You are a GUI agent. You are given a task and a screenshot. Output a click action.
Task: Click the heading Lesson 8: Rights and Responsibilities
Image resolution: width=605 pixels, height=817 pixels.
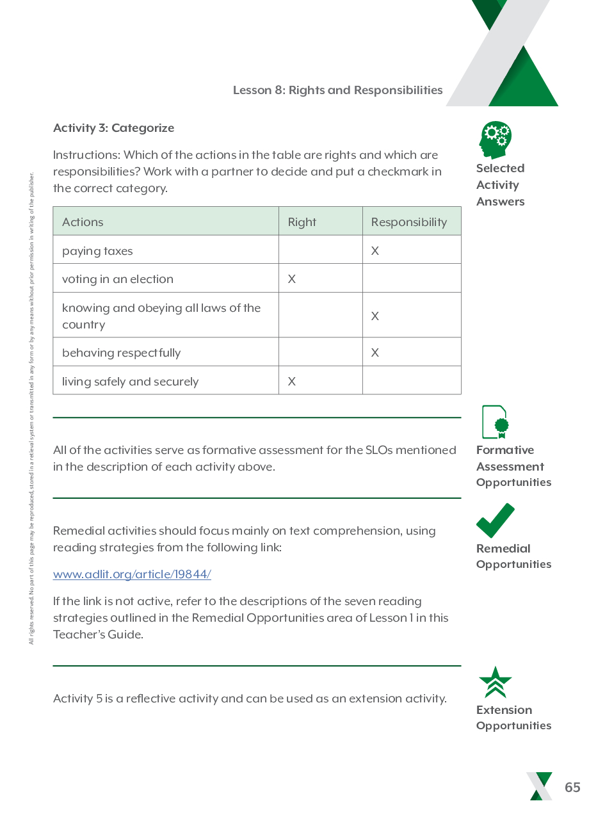pos(337,90)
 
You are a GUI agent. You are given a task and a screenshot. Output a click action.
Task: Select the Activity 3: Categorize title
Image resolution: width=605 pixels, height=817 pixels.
pos(113,128)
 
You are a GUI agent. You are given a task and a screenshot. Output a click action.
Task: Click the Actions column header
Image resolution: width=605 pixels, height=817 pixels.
pos(83,222)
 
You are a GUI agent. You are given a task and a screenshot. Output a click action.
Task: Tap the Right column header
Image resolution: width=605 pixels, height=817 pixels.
pos(302,222)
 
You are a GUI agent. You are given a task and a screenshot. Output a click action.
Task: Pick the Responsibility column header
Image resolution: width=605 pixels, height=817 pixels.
pos(408,222)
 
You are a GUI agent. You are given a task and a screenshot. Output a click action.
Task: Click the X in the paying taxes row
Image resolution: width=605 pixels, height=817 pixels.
pos(375,251)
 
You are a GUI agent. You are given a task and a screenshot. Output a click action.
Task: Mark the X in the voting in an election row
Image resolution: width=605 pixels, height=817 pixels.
pos(292,279)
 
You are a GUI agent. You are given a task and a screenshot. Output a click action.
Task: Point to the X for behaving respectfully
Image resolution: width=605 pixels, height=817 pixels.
pos(375,353)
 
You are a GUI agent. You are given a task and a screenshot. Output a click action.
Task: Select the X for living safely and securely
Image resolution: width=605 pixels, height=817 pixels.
pos(292,382)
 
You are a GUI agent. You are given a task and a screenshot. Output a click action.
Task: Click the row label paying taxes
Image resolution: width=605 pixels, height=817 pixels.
pos(97,251)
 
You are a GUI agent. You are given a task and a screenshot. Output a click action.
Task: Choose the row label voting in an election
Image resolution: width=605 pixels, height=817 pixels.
pos(118,279)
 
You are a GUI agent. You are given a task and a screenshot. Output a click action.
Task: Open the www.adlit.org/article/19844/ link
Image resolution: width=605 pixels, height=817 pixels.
pos(132,574)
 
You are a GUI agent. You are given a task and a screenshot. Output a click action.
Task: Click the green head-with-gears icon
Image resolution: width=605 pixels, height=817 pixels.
pos(496,140)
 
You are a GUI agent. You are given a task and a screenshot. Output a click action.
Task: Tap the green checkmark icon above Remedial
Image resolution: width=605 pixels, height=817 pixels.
pos(495,521)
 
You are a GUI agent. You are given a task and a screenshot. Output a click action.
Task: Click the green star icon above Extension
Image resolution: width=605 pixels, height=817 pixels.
pos(496,683)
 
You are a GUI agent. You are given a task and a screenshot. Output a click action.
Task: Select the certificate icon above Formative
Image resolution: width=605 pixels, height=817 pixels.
pos(496,422)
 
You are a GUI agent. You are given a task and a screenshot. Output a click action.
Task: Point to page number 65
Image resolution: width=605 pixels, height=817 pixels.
pos(572,788)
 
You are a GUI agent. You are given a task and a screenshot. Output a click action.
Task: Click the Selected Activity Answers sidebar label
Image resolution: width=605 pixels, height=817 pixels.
pos(500,185)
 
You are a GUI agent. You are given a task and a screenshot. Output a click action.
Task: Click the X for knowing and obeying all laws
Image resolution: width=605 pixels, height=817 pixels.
pos(375,316)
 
